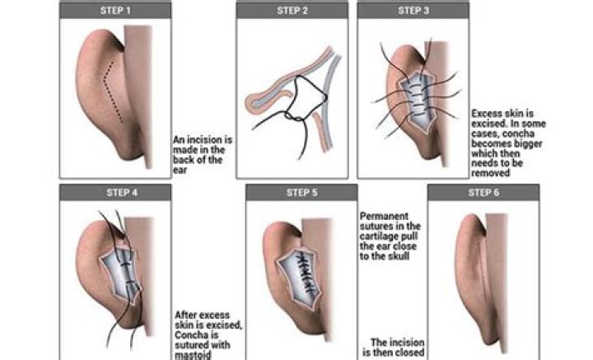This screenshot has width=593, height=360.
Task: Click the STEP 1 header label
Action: click(x=115, y=11)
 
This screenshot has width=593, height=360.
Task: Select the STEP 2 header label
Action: click(x=292, y=11)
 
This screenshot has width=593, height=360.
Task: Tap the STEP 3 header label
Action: click(x=413, y=11)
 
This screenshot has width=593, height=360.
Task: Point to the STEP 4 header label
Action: click(x=122, y=193)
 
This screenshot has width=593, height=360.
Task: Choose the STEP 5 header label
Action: click(x=301, y=193)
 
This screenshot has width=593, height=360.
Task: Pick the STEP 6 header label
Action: click(x=483, y=193)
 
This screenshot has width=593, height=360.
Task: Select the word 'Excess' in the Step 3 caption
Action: click(x=487, y=114)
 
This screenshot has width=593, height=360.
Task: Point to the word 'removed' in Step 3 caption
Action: click(x=491, y=173)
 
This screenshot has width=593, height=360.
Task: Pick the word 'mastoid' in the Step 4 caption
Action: click(x=193, y=355)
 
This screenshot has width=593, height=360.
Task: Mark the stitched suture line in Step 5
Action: click(x=305, y=274)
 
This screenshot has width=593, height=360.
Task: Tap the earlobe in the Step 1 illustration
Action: click(x=130, y=151)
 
